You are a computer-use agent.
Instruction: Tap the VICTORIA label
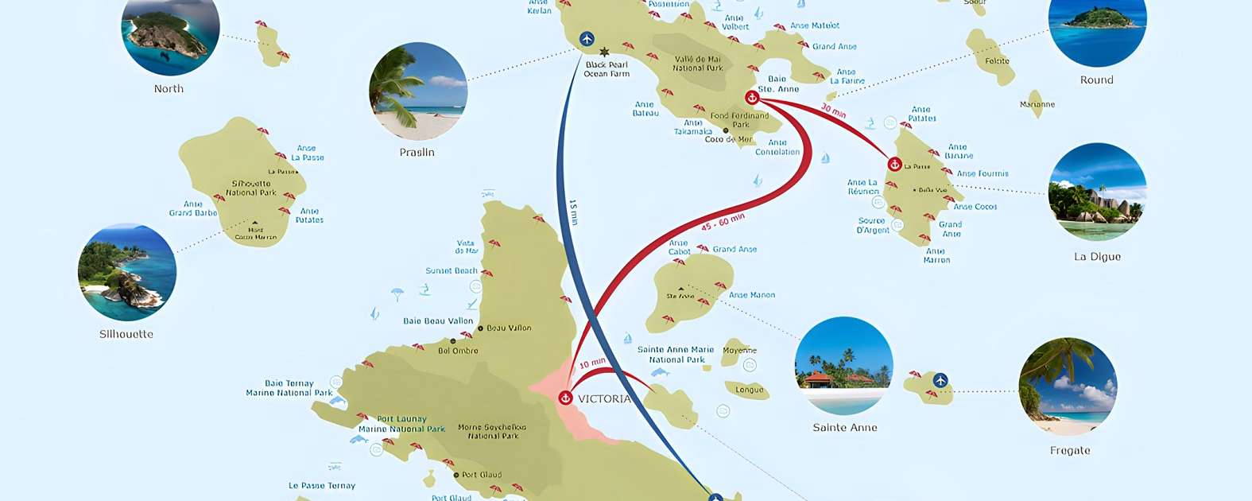pyautogui.click(x=604, y=399)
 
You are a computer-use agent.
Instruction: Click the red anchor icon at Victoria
pyautogui.click(x=565, y=398)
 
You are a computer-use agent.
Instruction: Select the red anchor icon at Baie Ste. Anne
pyautogui.click(x=752, y=97)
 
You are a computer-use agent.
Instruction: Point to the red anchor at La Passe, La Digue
pyautogui.click(x=894, y=165)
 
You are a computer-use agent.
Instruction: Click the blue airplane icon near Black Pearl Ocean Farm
pyautogui.click(x=587, y=39)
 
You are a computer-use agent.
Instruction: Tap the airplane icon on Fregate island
pyautogui.click(x=940, y=380)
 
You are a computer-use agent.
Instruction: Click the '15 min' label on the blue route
pyautogui.click(x=573, y=212)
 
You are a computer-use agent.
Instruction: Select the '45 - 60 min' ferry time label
pyautogui.click(x=723, y=221)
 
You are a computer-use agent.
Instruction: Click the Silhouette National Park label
pyautogui.click(x=251, y=188)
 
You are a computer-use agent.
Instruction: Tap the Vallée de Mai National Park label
pyautogui.click(x=698, y=64)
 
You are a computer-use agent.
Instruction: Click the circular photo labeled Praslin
pyautogui.click(x=418, y=91)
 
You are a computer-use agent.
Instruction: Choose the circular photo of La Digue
pyautogui.click(x=1097, y=192)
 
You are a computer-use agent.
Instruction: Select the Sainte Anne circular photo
pyautogui.click(x=844, y=366)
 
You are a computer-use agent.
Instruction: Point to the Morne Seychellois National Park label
pyautogui.click(x=492, y=431)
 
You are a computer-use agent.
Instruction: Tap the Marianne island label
pyautogui.click(x=1037, y=104)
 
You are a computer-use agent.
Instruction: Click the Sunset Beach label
pyautogui.click(x=452, y=270)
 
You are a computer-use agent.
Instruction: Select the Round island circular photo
pyautogui.click(x=1097, y=24)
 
